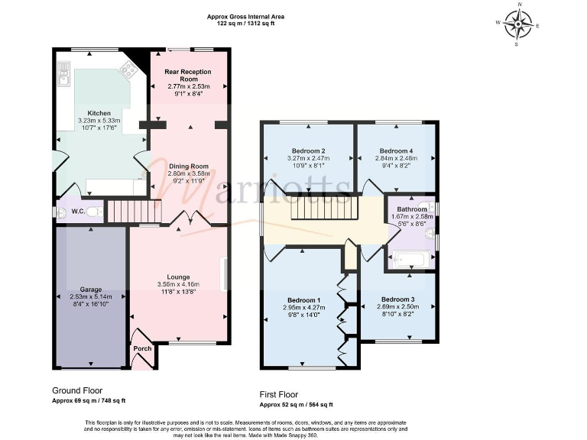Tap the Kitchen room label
pos(99,113)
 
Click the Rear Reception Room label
pos(188,74)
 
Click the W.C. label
pos(77,212)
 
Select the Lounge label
pos(178,277)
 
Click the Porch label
pos(142,348)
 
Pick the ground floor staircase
pos(123,212)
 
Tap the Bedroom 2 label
pos(309,150)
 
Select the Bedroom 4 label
pos(396,150)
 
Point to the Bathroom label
pos(411,209)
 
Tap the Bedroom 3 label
pos(397,299)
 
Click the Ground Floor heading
pos(77,390)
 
